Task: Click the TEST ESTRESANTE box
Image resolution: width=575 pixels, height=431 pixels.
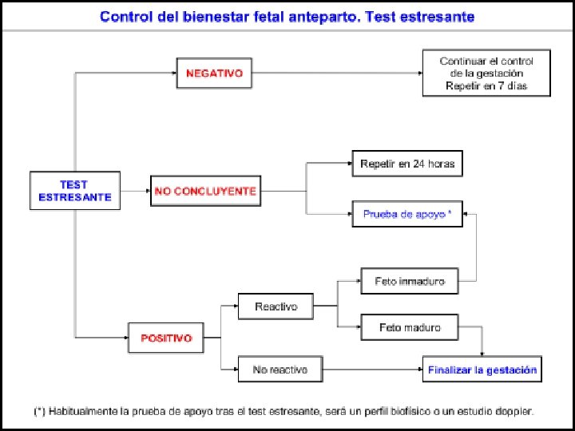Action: point(75,191)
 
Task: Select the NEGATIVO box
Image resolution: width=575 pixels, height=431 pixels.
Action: point(214,73)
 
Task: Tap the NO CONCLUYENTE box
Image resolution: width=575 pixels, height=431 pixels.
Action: point(206,191)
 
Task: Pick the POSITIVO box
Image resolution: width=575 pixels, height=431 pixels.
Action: point(166,338)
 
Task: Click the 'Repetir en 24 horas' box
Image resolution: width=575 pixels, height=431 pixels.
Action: point(407,164)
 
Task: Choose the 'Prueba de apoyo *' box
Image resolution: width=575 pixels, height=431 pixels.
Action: point(407,214)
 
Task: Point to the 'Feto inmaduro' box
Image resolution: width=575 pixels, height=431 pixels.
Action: point(410,281)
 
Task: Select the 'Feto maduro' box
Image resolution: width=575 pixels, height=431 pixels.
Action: point(410,327)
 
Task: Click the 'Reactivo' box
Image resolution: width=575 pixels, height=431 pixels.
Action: point(276,306)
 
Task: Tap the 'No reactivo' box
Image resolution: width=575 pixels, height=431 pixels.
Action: point(280,370)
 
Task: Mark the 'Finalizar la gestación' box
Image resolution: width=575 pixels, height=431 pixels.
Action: point(482,370)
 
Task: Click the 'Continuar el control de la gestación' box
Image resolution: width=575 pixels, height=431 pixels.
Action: point(486,73)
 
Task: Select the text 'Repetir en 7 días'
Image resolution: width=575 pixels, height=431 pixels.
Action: point(486,85)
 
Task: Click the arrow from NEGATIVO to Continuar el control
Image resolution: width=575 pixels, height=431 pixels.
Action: point(337,73)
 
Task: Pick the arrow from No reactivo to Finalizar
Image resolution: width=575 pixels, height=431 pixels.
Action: point(373,370)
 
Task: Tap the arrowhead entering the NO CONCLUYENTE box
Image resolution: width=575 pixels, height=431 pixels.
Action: point(149,191)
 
